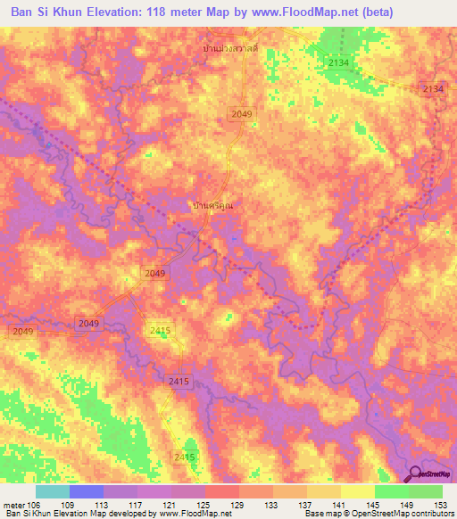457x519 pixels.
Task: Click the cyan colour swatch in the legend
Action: coord(53,491)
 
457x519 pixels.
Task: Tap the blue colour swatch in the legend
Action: coord(87,491)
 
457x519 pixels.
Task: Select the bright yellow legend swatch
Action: coord(357,491)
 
